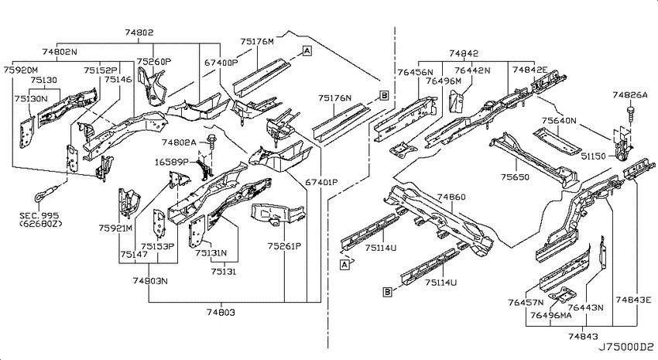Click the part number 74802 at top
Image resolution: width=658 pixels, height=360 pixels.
pos(139,33)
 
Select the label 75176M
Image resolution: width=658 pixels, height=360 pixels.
pos(257,42)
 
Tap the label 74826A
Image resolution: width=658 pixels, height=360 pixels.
pos(630,95)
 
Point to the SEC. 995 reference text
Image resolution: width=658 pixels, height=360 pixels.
pos(39,216)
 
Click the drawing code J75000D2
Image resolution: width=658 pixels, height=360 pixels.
pos(625,347)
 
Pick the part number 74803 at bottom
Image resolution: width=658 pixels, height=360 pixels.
pos(221,312)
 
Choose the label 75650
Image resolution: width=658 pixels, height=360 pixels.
pos(515,177)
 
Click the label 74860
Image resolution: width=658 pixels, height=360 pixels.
pos(451,197)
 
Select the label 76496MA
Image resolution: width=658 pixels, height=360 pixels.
pos(550,315)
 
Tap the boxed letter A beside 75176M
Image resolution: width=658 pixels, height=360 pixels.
pos(307,51)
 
